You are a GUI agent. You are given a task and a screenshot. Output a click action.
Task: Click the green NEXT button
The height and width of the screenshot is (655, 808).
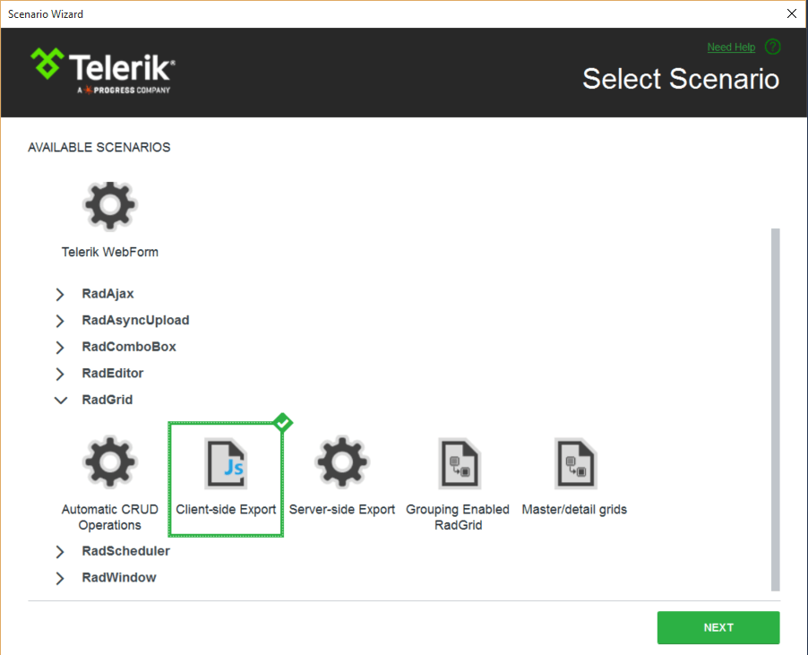click(x=718, y=627)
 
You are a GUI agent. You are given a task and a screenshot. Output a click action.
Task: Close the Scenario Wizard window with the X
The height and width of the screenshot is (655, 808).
click(x=792, y=13)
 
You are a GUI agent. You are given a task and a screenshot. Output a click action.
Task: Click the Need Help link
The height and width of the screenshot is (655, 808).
click(x=731, y=47)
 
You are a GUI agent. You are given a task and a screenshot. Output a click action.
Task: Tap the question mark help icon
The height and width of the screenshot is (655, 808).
click(x=773, y=47)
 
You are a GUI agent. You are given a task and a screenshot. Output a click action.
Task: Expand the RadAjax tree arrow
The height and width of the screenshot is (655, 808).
click(x=60, y=294)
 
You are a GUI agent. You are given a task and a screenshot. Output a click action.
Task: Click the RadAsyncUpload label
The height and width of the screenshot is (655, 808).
click(x=135, y=320)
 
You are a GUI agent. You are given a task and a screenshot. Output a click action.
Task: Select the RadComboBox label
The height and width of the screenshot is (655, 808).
click(x=129, y=347)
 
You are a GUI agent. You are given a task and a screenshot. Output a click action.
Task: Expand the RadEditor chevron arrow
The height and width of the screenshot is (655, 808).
click(x=60, y=374)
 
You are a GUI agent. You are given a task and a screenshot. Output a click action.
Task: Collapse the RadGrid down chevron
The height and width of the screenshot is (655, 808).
click(x=61, y=400)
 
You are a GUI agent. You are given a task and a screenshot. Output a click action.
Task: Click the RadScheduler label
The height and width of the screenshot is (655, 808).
click(x=125, y=551)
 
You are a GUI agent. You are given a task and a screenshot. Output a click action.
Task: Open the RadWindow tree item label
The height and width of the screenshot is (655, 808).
click(x=119, y=577)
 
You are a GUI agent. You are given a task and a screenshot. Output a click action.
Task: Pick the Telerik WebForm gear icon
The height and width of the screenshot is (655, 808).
click(x=110, y=205)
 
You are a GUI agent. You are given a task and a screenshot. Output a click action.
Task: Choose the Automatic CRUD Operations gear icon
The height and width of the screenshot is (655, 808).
click(x=110, y=461)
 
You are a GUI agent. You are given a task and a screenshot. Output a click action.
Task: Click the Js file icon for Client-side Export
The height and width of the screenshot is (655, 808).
click(x=227, y=462)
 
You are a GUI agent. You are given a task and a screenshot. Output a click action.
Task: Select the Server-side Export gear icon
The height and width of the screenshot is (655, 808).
click(x=342, y=461)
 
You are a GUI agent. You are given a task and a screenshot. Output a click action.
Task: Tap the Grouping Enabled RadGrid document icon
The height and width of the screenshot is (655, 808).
click(x=460, y=462)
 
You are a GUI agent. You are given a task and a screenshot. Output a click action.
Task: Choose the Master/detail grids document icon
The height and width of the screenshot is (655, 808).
click(x=575, y=462)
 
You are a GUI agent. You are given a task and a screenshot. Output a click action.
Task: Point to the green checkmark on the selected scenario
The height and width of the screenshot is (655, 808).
click(x=283, y=423)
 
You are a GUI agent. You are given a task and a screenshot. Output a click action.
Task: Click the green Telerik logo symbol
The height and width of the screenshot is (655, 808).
click(x=47, y=64)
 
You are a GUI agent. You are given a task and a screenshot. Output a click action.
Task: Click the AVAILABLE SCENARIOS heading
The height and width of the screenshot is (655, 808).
click(x=99, y=147)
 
